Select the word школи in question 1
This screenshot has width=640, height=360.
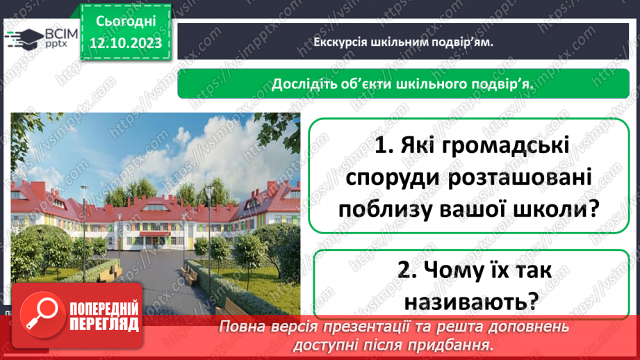point(549,208)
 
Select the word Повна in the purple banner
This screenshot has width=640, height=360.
point(243,327)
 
